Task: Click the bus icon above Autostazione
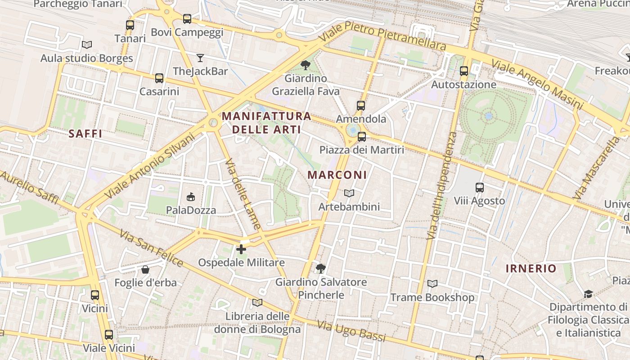464,71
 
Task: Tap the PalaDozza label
191,210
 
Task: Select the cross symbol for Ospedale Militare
241,249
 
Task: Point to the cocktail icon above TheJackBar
200,58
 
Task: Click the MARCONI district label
337,175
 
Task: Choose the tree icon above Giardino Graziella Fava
306,65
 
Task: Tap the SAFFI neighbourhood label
85,133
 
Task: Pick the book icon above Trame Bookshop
432,284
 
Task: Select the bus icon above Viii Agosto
480,188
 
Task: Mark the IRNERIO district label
531,269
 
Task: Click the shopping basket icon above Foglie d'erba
145,270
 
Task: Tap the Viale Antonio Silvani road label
149,166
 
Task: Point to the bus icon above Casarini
159,78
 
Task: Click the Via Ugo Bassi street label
351,331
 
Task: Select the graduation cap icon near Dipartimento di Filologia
588,294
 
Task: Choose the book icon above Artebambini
349,193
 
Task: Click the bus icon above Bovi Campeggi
187,19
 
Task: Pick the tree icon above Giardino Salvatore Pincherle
321,269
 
